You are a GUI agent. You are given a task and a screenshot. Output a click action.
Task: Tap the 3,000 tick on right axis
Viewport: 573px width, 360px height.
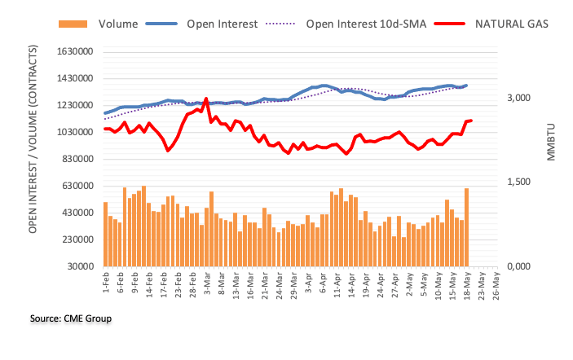(519, 98)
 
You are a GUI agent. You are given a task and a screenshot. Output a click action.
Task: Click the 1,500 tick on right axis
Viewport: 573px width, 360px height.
(519, 182)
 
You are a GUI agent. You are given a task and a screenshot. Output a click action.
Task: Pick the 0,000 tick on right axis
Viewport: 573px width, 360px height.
(519, 266)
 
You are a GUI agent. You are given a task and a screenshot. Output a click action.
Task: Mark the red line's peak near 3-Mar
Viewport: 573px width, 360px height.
(206, 99)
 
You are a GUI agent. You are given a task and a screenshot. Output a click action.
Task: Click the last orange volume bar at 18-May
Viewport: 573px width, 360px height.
(467, 227)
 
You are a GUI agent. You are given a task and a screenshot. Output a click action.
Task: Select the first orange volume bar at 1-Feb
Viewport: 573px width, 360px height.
(106, 234)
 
